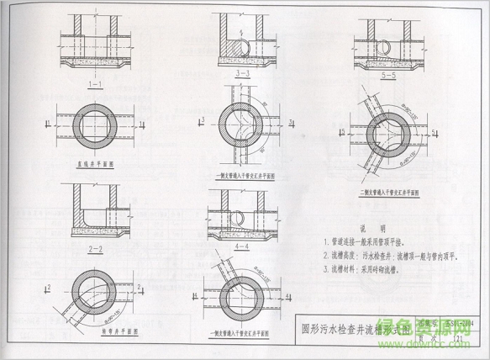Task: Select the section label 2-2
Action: [95, 250]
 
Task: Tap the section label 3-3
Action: [244, 75]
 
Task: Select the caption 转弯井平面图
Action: [96, 330]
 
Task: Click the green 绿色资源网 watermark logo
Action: [437, 336]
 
